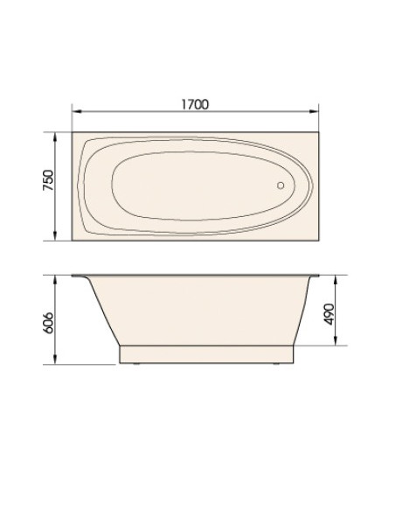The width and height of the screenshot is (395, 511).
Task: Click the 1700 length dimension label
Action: (195, 104)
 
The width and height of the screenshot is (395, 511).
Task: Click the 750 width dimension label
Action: (48, 180)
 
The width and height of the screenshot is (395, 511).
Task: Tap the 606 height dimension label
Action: (48, 323)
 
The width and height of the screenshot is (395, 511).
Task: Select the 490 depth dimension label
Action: (329, 314)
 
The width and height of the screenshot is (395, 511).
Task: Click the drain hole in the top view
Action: (281, 185)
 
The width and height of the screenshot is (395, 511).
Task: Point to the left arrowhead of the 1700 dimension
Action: (76, 111)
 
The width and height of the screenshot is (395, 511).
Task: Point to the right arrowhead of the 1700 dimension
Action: (315, 111)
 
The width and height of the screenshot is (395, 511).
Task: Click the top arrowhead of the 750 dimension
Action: (55, 136)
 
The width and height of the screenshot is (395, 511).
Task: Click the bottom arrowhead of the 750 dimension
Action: (55, 236)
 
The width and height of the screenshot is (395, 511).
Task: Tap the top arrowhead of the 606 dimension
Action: (55, 280)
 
